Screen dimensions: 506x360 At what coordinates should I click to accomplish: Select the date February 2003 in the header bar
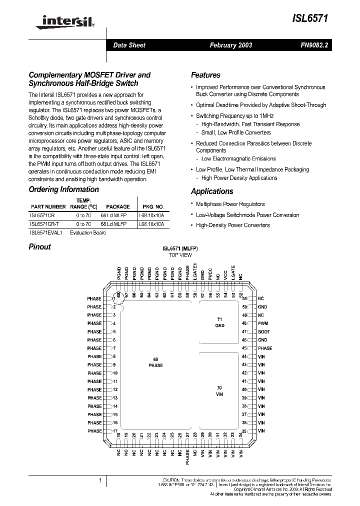[230, 45]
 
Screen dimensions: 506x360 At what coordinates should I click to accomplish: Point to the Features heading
[205, 75]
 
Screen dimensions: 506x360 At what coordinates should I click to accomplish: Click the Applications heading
[212, 191]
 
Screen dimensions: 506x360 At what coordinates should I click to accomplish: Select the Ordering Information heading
[63, 189]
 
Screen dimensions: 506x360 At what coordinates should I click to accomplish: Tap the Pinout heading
[39, 246]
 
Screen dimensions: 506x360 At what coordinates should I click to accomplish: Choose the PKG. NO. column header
[153, 206]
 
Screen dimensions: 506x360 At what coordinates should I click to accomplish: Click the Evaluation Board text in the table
[88, 233]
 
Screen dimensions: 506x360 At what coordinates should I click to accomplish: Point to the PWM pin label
[263, 323]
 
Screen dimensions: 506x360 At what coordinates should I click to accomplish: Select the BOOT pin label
[264, 331]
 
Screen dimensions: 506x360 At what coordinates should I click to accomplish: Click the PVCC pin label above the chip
[210, 275]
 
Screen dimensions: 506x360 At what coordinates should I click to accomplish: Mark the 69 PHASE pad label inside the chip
[155, 362]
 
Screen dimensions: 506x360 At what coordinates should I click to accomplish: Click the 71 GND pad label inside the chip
[219, 322]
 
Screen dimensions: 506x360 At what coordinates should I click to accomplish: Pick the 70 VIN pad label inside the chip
[219, 391]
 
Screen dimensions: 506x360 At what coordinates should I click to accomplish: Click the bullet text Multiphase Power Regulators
[230, 204]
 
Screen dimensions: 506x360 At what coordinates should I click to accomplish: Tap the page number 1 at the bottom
[100, 481]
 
